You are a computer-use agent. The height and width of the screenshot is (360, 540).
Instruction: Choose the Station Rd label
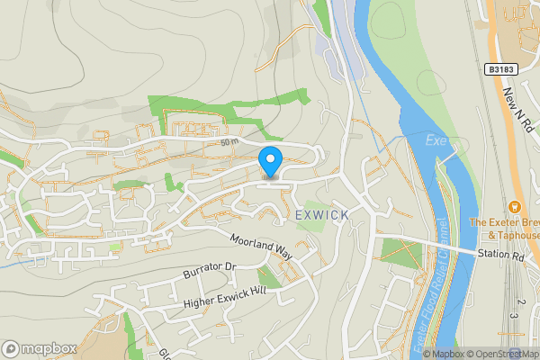tap(501, 256)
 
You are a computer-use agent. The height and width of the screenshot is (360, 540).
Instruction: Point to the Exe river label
tap(436, 140)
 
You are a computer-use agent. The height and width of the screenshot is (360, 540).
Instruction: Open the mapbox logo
tap(40, 348)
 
